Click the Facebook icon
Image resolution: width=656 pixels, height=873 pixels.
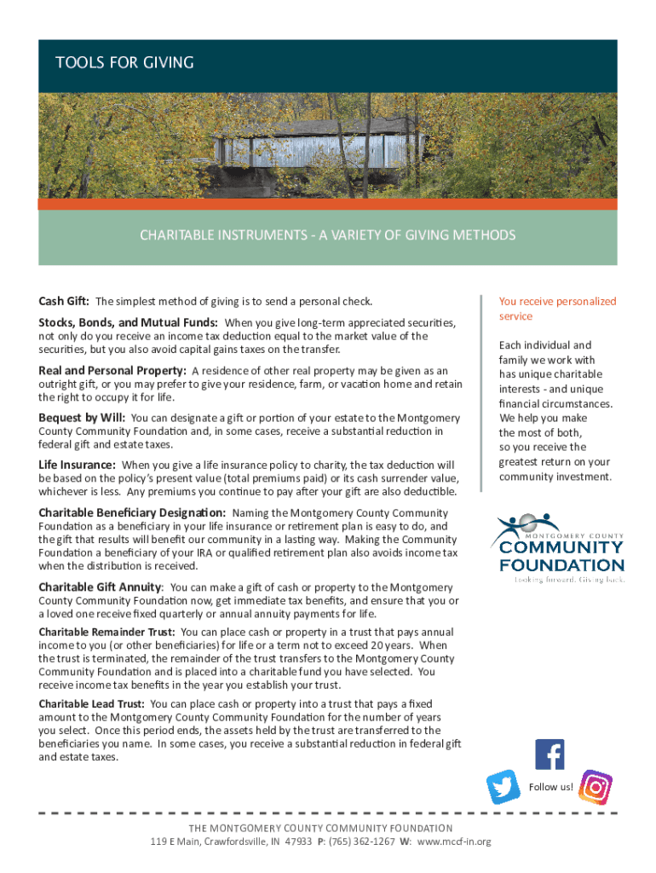(x=550, y=754)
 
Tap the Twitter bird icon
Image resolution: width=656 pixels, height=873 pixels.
(x=504, y=787)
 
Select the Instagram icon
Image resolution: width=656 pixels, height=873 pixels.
(x=596, y=787)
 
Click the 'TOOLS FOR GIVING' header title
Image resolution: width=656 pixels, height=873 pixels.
(x=124, y=63)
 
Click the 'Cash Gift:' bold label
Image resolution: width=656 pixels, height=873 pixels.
(x=65, y=301)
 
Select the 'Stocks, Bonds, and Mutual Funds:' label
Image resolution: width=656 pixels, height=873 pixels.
(x=128, y=323)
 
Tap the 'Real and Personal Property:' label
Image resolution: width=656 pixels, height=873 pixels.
(x=112, y=371)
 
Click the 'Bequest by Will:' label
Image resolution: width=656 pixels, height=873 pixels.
(x=82, y=418)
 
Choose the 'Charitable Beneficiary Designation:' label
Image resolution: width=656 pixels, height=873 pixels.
(x=132, y=513)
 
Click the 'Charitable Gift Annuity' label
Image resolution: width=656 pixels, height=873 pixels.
(x=101, y=587)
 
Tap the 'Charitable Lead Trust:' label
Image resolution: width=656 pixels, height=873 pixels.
(x=92, y=704)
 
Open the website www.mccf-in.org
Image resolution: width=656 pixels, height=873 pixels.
(x=454, y=841)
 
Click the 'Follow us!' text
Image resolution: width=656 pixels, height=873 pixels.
(x=551, y=787)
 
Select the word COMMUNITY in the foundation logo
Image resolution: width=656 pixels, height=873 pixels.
(x=561, y=547)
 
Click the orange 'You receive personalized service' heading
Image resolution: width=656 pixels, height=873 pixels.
(x=557, y=309)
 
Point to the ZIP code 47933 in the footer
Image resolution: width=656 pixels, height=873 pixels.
(x=297, y=841)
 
